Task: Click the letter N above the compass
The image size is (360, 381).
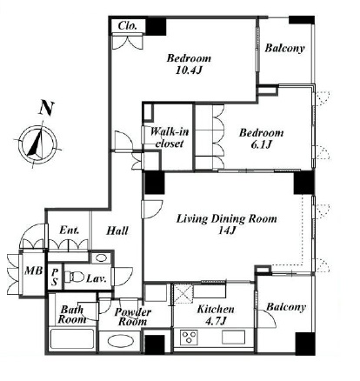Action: coord(47,108)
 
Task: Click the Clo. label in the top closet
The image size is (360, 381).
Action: coord(128,26)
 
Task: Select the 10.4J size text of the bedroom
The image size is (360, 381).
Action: coord(189,70)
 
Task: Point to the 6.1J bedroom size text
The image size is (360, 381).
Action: coord(261,144)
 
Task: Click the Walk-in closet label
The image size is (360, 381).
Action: coord(170,137)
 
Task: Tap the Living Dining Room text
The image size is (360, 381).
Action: coord(227,218)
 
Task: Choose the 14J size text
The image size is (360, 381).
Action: coord(227,231)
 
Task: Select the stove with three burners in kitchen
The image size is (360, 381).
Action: coord(189,338)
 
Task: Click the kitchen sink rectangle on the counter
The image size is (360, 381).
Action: coord(233,337)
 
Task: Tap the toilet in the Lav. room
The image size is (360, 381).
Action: coord(73,277)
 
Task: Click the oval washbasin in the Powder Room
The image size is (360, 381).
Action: coord(122,342)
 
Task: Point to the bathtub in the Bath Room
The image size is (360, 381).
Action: coord(72,339)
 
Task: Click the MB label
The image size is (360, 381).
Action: coord(33,271)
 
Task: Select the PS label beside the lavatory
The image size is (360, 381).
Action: coord(55,277)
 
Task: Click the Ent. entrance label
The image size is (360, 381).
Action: coord(70,231)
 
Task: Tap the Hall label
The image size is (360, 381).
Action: coord(117,231)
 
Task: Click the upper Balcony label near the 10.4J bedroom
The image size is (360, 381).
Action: coord(284,48)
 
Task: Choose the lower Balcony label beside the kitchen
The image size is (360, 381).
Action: coord(286,307)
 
